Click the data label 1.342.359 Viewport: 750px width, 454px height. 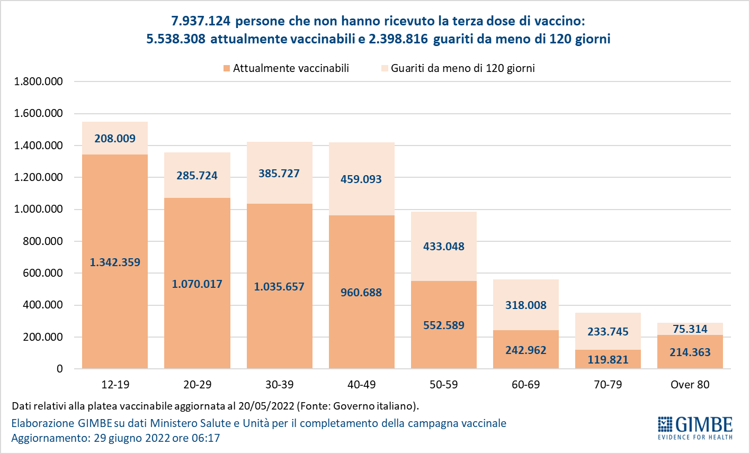point(115,262)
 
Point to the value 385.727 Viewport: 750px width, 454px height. point(279,174)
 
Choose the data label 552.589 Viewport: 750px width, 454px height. point(444,325)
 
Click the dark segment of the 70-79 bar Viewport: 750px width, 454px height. point(608,359)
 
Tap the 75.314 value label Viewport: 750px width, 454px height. point(690,329)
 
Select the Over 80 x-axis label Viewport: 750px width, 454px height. point(690,385)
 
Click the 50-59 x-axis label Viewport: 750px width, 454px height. point(444,385)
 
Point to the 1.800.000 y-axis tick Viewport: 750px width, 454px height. point(39,81)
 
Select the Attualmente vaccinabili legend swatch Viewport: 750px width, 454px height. point(227,68)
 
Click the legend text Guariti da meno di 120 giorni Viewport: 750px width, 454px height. point(463,68)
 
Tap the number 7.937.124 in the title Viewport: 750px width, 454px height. point(201,21)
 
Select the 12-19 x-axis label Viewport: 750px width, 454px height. point(115,385)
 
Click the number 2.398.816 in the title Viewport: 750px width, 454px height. point(399,39)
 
